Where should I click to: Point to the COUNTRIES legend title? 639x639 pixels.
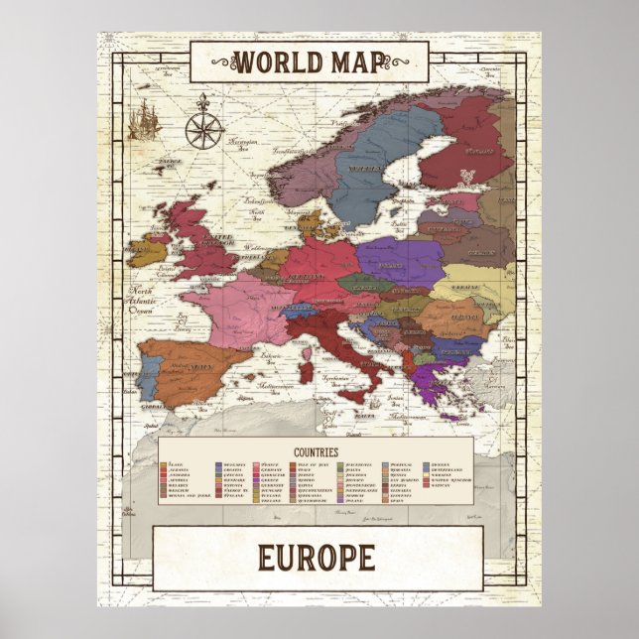click(x=318, y=451)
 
